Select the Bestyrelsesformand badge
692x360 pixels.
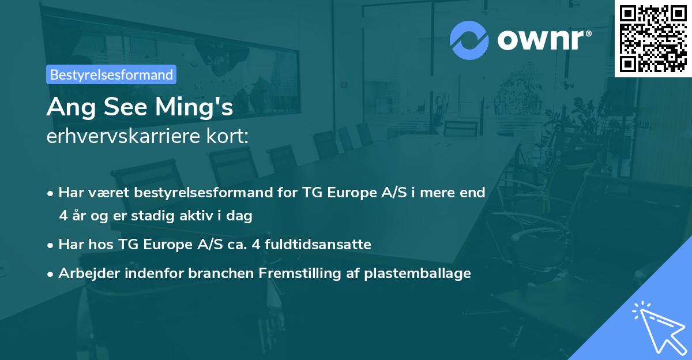click(111, 74)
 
